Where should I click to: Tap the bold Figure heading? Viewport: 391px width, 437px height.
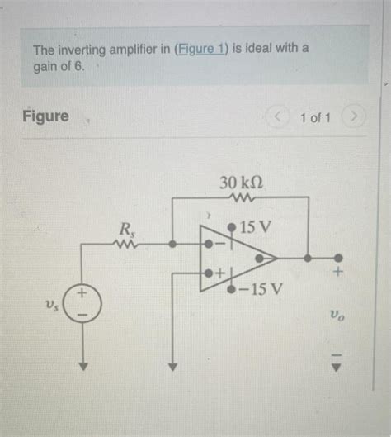[x=45, y=116]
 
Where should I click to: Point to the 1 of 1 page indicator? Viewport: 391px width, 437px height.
[x=315, y=117]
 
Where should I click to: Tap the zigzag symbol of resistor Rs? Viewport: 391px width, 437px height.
[x=128, y=245]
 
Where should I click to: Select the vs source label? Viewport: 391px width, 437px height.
[x=51, y=306]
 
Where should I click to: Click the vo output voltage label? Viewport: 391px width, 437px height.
[x=336, y=315]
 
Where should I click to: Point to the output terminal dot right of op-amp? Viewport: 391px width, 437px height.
[x=336, y=258]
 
